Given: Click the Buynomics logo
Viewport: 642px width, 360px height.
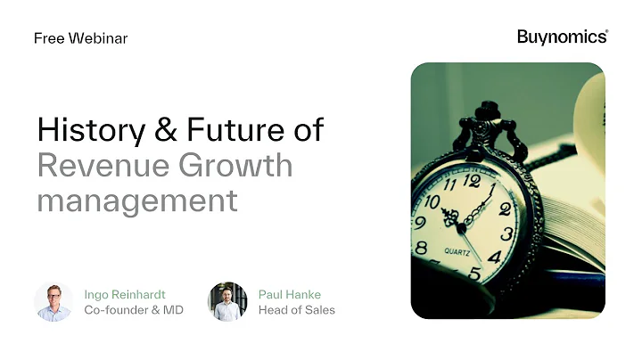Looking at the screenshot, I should point(562,37).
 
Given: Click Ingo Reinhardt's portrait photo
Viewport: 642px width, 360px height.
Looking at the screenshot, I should point(53,301).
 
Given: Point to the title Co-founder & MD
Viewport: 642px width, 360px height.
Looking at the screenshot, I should point(134,310).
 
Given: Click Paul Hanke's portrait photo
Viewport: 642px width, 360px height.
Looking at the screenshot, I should point(226,301).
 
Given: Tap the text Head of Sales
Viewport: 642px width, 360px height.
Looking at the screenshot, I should point(296,310).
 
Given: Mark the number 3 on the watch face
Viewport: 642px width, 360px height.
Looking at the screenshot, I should point(507,233).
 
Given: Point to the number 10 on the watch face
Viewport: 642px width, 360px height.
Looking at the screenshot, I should point(433,201).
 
